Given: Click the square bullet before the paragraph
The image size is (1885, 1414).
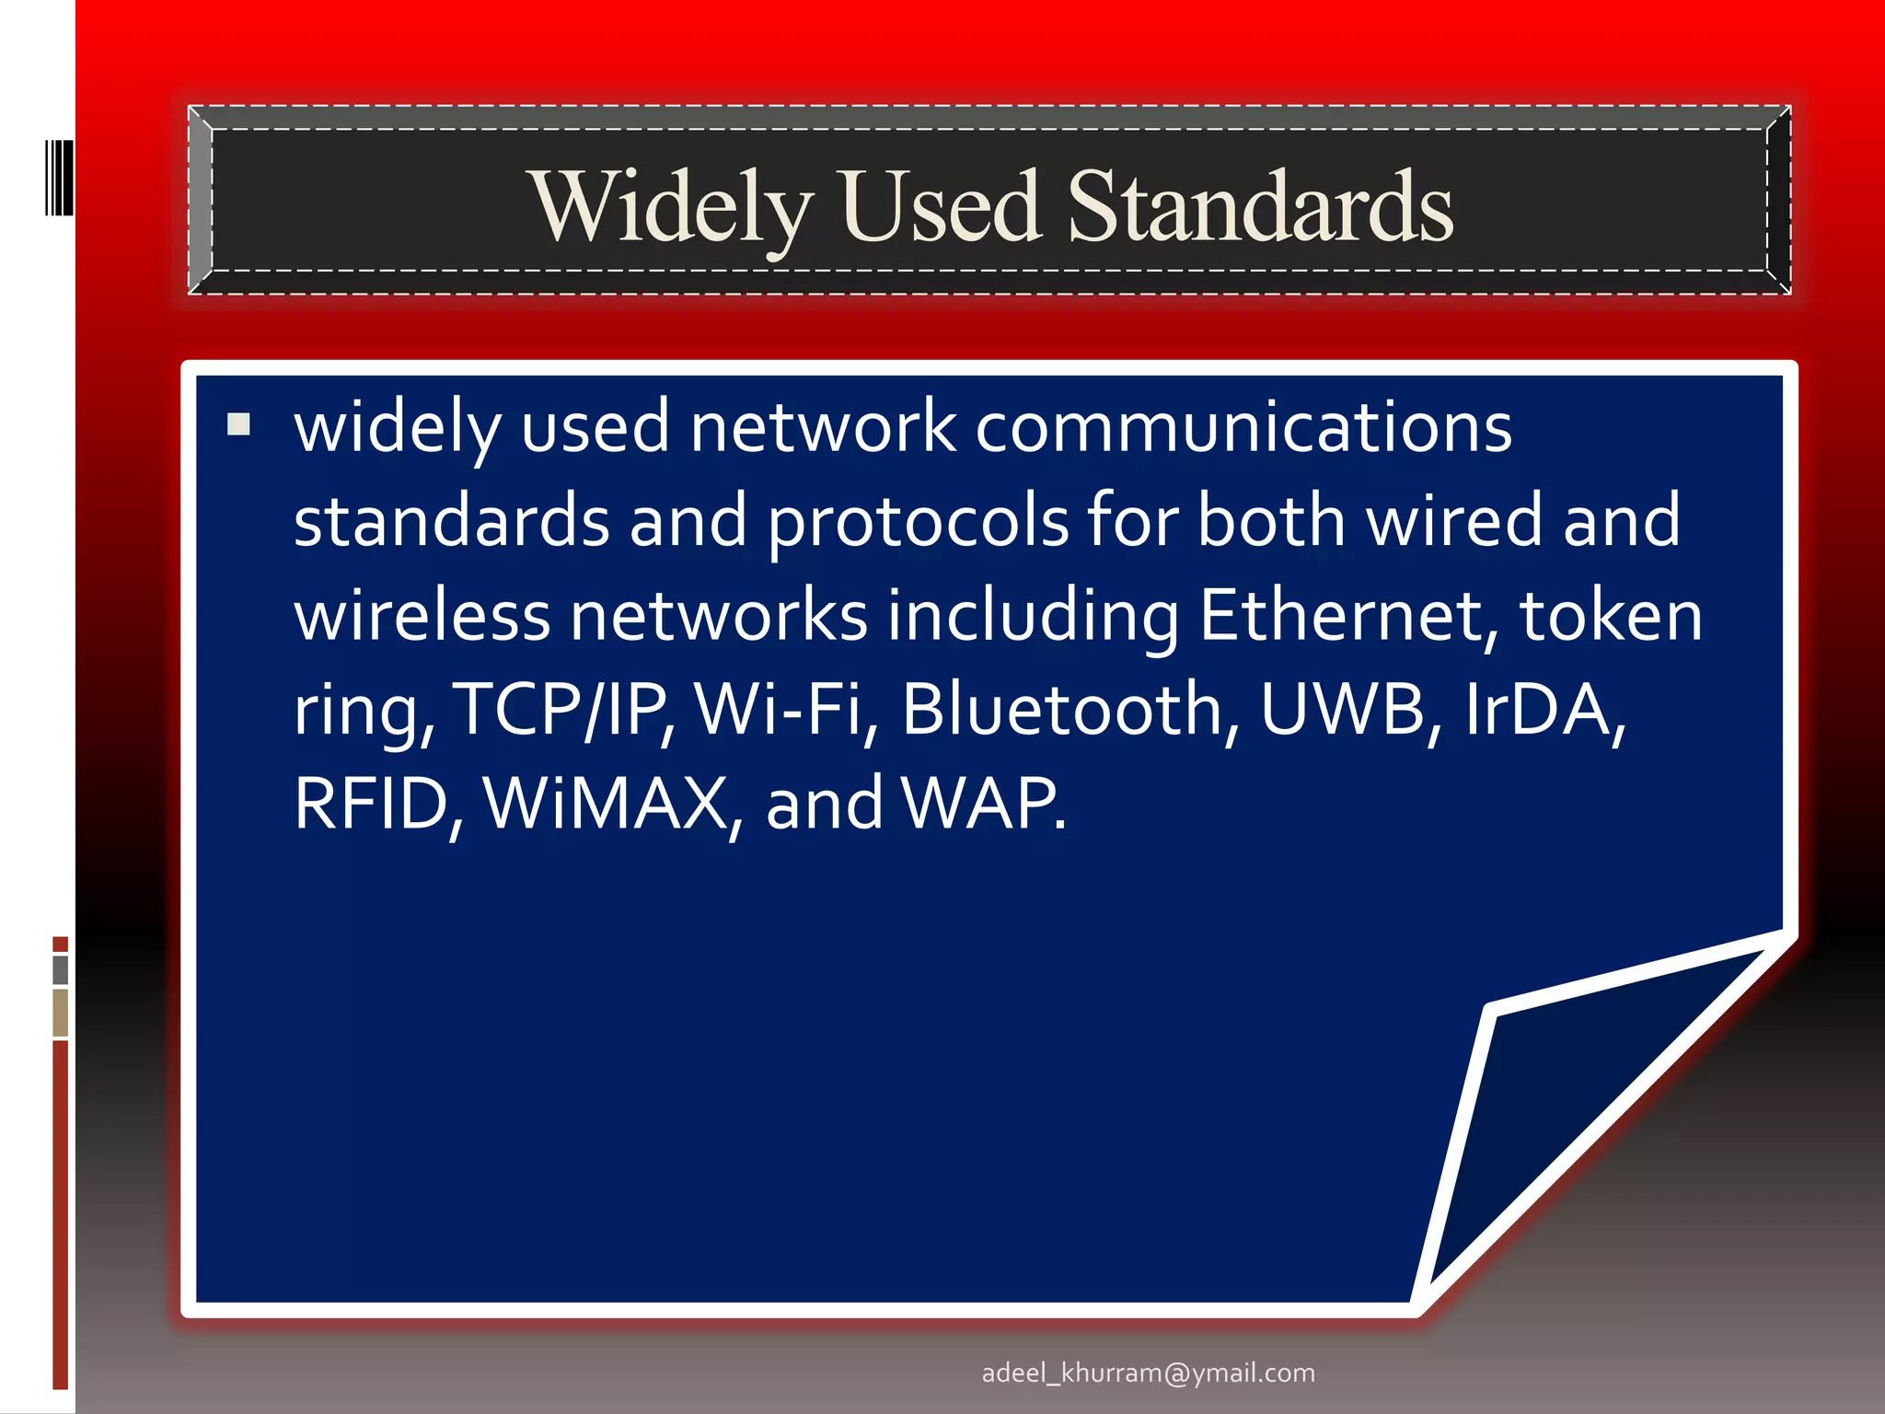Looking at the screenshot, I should click(x=238, y=424).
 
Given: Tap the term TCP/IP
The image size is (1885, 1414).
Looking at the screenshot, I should click(x=563, y=710).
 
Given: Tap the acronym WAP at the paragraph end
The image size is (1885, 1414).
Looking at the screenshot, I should click(x=981, y=804).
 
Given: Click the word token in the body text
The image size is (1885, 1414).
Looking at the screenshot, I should click(x=1611, y=615).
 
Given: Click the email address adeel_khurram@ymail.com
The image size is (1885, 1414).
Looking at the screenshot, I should click(x=1148, y=1373).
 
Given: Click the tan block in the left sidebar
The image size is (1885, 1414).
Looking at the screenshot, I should click(x=61, y=1013).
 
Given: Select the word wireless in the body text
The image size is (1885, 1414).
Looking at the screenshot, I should click(x=422, y=615).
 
